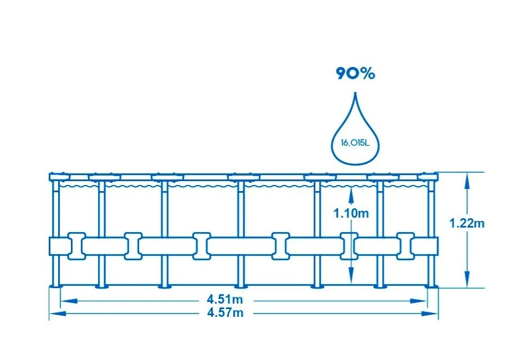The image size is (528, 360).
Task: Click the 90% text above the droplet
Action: (355, 74)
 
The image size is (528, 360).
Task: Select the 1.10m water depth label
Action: (351, 213)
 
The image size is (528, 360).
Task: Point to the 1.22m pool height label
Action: (467, 223)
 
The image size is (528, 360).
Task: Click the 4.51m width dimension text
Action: (225, 300)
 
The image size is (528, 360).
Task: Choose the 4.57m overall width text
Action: (225, 313)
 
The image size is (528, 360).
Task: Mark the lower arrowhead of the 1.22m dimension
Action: (467, 283)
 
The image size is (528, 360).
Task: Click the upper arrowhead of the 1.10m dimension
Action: (351, 192)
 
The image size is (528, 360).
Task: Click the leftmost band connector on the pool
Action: (75, 245)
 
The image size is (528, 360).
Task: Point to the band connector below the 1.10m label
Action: (349, 245)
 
